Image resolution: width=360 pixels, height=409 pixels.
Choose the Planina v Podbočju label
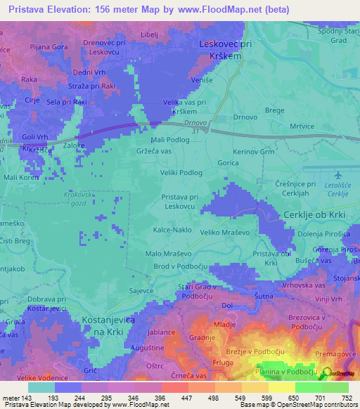click(281, 372)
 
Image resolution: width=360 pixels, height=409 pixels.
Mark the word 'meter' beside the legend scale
click(11, 398)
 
